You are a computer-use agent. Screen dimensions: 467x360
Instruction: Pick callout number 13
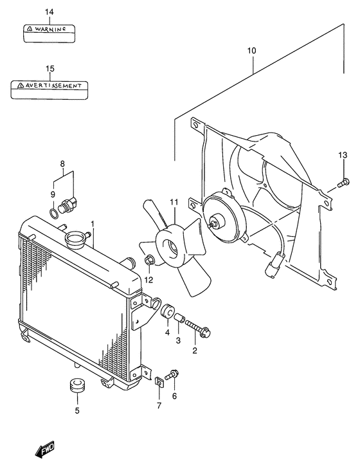tap(343, 155)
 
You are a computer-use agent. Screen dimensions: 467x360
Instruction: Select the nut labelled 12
tap(150, 261)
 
